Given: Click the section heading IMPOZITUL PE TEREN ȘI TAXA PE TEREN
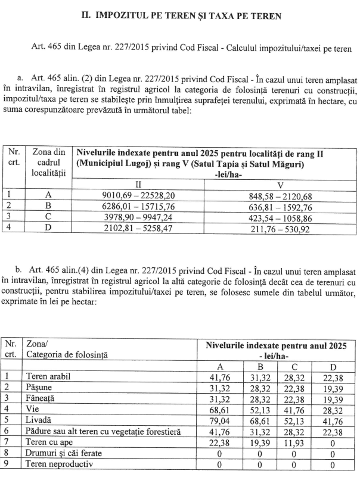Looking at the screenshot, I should pyautogui.click(x=181, y=15).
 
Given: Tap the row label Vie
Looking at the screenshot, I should pyautogui.click(x=33, y=410).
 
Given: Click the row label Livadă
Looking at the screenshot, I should pyautogui.click(x=38, y=421).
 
